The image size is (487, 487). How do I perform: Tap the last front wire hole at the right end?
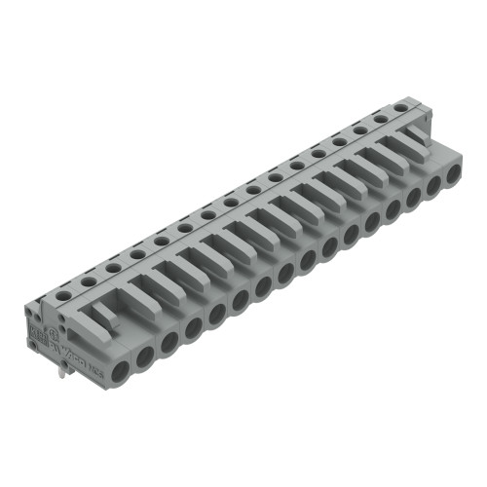[454, 177]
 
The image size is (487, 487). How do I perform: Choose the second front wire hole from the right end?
[434, 188]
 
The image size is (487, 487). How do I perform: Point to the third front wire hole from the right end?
[414, 200]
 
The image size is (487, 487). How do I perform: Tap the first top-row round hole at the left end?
[64, 292]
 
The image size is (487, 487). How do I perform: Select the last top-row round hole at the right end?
[402, 108]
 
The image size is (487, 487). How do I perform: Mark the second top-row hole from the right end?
[381, 119]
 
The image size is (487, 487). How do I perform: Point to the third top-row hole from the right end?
[359, 131]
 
